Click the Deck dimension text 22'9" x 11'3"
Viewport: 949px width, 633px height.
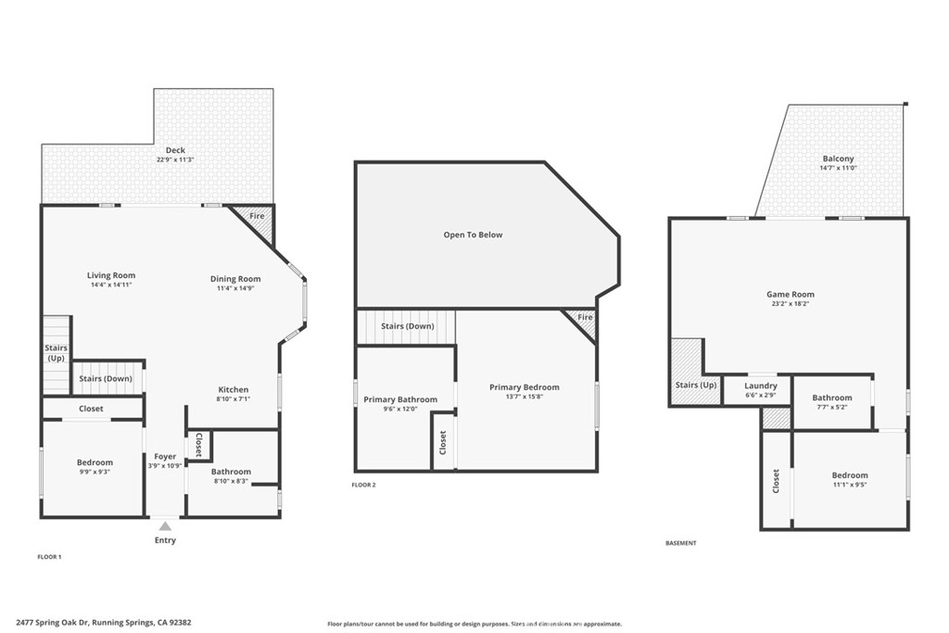[x=175, y=160]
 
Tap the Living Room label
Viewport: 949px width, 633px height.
[x=111, y=275]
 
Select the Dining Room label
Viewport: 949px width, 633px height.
[x=235, y=279]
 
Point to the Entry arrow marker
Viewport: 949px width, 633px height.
[x=165, y=526]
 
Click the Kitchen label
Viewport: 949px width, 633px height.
[x=234, y=389]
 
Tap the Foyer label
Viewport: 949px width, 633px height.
[x=165, y=456]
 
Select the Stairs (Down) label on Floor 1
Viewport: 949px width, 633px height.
[x=106, y=378]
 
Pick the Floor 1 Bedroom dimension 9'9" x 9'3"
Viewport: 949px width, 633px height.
[x=95, y=472]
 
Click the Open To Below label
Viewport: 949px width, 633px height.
[x=473, y=234]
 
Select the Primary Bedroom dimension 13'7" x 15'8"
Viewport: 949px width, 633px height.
[x=525, y=397]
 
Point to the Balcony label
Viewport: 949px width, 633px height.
[x=838, y=158]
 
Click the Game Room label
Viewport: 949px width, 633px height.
[x=791, y=295]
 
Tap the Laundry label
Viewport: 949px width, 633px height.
[x=761, y=386]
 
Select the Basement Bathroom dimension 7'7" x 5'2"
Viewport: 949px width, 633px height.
[x=831, y=407]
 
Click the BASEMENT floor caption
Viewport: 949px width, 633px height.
[x=680, y=543]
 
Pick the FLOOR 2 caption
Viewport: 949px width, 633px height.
[x=364, y=485]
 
